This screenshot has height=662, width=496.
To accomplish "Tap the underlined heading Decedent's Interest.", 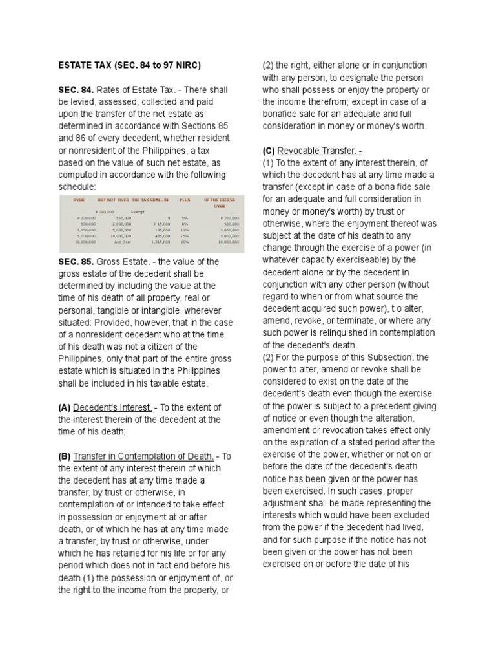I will pos(113,407).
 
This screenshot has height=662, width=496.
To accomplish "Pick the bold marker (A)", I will pos(64,407).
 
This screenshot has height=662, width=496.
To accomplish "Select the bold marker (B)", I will pos(64,456).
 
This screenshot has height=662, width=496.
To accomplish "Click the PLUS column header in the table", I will pos(185,200).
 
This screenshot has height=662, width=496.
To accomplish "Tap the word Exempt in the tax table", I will pos(138,211).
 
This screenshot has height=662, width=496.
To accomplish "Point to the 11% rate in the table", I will pos(185,229).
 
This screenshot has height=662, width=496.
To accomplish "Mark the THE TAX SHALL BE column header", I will pos(150,200).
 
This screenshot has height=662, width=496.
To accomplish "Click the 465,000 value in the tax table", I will pos(163,235).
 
